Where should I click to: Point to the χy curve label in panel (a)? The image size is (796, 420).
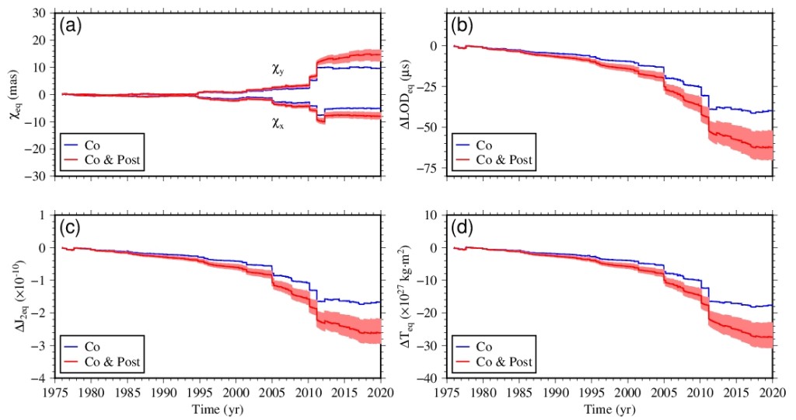click(278, 69)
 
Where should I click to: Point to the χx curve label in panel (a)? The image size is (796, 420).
click(278, 122)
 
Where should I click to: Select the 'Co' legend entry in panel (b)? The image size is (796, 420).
click(484, 145)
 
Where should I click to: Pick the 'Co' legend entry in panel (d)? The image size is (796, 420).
click(484, 346)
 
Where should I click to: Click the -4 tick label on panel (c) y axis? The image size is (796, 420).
click(40, 379)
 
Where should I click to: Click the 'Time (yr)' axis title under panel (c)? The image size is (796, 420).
click(218, 409)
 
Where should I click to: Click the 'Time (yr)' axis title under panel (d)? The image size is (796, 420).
click(610, 409)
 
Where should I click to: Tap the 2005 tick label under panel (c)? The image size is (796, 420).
click(272, 393)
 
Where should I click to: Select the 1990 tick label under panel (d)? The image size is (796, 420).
click(557, 393)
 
